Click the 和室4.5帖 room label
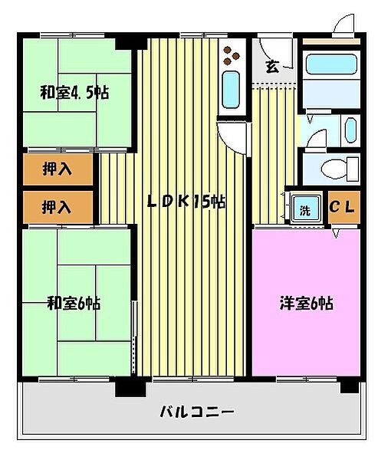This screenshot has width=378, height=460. (74, 94)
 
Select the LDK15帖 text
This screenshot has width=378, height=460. (186, 202)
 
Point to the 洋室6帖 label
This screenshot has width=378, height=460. (305, 303)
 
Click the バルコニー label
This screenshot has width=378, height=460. (196, 412)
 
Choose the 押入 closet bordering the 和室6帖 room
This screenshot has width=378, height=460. (58, 206)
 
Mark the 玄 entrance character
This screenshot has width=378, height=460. (271, 67)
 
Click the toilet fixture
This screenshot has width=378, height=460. (337, 167)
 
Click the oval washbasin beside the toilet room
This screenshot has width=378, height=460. (350, 130)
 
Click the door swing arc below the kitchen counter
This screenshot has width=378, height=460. (232, 138)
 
